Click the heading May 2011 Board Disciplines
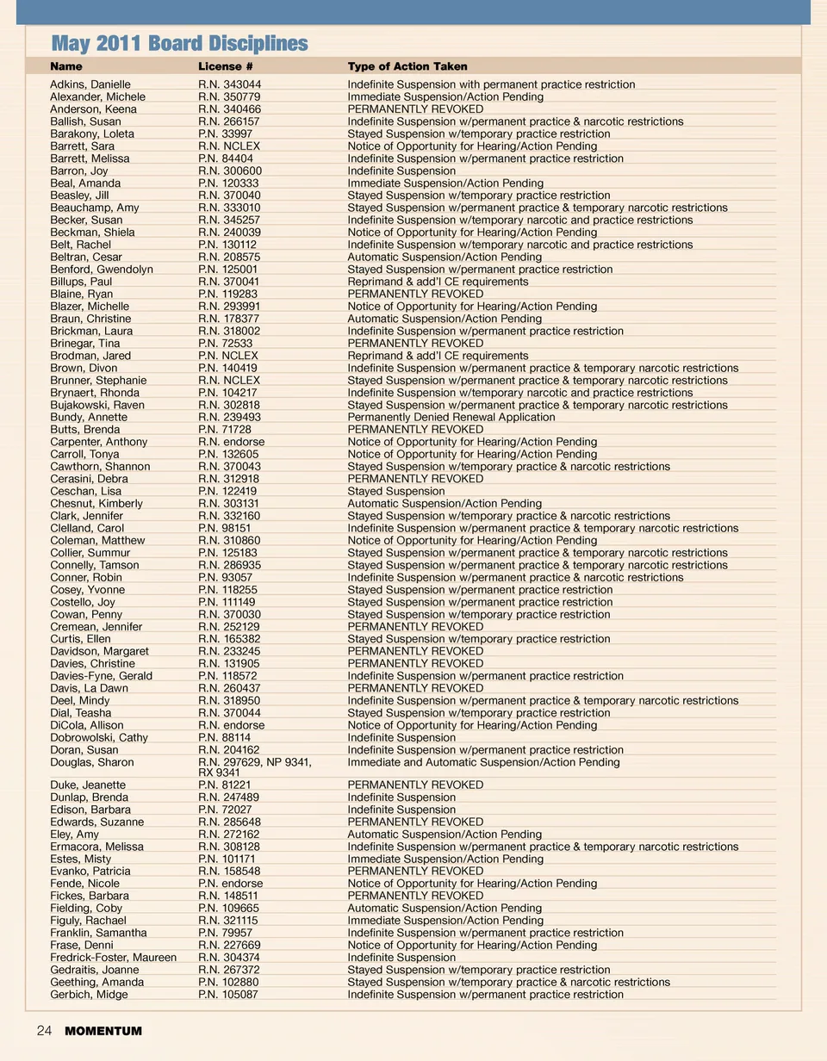pyautogui.click(x=179, y=43)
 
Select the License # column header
pyautogui.click(x=226, y=66)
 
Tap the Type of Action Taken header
pyautogui.click(x=407, y=66)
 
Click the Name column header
pyautogui.click(x=66, y=66)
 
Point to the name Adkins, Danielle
pyautogui.click(x=90, y=84)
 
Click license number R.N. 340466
pyautogui.click(x=229, y=109)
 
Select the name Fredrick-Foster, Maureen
pyautogui.click(x=113, y=958)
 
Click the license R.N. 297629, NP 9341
pyautogui.click(x=254, y=762)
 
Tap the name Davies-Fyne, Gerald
pyautogui.click(x=101, y=676)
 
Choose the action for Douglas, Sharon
pyautogui.click(x=483, y=762)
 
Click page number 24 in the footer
pyautogui.click(x=44, y=1031)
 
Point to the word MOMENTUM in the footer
pyautogui.click(x=103, y=1031)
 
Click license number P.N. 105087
pyautogui.click(x=228, y=995)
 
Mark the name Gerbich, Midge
pyautogui.click(x=89, y=995)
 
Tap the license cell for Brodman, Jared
pyautogui.click(x=228, y=356)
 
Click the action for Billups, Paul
pyautogui.click(x=438, y=282)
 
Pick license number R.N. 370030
pyautogui.click(x=229, y=614)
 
